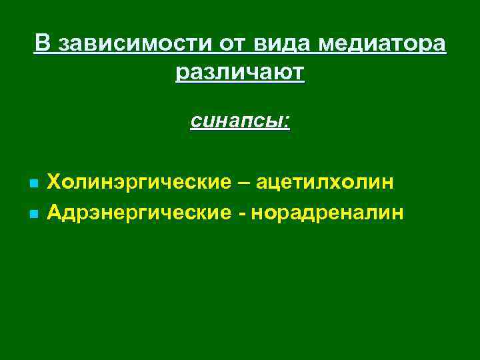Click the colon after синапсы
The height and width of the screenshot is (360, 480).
[287, 122]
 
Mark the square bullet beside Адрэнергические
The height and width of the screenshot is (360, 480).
[33, 214]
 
